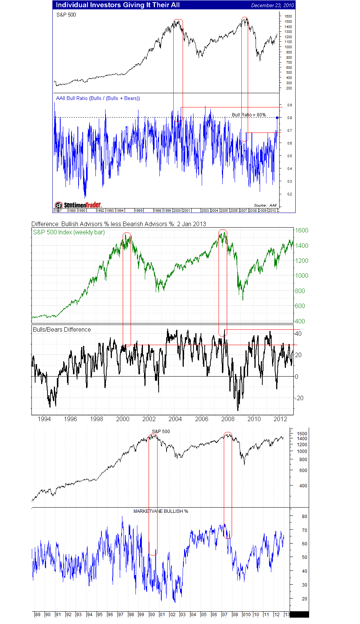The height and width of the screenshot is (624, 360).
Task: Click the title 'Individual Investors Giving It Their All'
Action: [118, 5]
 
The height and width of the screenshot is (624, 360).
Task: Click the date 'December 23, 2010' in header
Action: [272, 5]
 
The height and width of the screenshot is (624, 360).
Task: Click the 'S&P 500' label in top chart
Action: [66, 15]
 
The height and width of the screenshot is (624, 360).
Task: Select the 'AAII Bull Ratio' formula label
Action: [98, 98]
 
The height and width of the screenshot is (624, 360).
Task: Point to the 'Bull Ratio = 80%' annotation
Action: [249, 115]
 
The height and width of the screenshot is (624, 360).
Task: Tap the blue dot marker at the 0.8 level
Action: [277, 118]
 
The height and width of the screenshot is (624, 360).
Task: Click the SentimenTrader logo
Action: [78, 205]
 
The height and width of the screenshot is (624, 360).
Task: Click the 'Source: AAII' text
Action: [265, 205]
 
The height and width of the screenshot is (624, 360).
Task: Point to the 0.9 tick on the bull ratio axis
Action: [289, 105]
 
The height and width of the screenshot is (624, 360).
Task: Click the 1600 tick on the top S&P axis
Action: [288, 16]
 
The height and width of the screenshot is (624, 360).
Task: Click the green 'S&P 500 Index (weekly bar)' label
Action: [69, 232]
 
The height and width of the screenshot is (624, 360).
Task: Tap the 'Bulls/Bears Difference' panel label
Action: [62, 329]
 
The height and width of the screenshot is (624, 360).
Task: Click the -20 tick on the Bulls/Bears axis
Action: [299, 398]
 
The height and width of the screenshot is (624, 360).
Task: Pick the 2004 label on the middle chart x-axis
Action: [175, 419]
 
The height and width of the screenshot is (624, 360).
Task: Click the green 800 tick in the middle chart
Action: [300, 291]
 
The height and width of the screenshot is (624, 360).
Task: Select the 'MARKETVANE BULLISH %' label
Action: [161, 511]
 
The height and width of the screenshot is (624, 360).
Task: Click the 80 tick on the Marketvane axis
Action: [304, 516]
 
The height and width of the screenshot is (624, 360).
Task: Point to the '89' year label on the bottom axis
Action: [37, 615]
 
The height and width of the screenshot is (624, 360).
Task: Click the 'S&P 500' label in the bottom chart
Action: [161, 431]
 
